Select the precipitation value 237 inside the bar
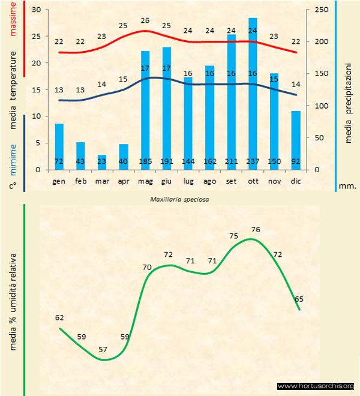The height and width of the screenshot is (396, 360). (253, 161)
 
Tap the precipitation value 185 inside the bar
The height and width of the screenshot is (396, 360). (145, 161)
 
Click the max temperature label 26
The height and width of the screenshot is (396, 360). (145, 20)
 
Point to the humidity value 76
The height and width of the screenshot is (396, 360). (256, 230)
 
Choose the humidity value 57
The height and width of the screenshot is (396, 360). (103, 349)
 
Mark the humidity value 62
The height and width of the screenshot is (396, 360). (59, 318)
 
